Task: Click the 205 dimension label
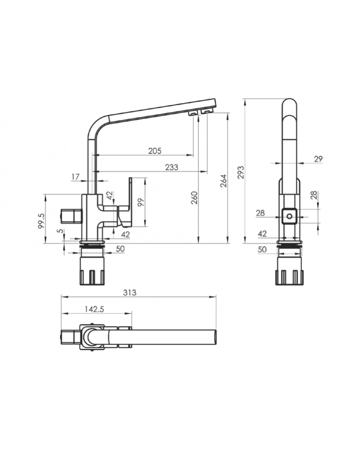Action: click(155, 151)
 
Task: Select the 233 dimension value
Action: click(171, 167)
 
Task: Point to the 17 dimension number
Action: click(75, 177)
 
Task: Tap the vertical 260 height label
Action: click(194, 198)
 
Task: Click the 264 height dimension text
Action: click(224, 181)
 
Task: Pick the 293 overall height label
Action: click(240, 172)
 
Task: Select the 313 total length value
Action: click(130, 293)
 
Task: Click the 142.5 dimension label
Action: click(94, 309)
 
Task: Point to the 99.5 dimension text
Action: click(42, 221)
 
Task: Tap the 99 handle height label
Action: click(140, 202)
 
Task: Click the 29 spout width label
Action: click(318, 159)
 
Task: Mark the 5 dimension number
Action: click(59, 231)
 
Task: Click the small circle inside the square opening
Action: click(289, 216)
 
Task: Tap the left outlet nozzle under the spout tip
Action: click(193, 113)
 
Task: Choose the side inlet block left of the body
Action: click(71, 216)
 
